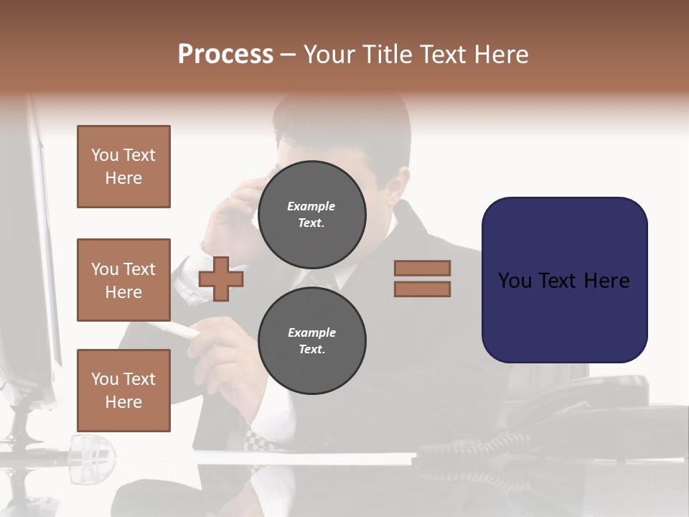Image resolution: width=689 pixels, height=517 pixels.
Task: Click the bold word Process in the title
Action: (225, 55)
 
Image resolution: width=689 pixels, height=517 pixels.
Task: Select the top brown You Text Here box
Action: (123, 167)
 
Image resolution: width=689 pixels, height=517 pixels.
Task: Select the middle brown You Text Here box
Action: (123, 280)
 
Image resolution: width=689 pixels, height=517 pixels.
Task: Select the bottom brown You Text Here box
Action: (123, 390)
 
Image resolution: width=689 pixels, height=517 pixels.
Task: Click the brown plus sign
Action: (221, 278)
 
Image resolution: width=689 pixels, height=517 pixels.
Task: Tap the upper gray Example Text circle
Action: (311, 214)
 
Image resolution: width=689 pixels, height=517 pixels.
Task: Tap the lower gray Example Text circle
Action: (311, 340)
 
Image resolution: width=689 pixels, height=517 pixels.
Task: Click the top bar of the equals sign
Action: (422, 268)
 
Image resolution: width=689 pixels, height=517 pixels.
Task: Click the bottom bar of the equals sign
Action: (422, 289)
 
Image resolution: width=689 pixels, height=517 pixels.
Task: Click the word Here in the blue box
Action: (606, 281)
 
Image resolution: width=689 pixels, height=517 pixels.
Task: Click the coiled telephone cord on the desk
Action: (467, 449)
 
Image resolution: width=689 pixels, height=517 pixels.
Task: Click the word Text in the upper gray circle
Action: (311, 223)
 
